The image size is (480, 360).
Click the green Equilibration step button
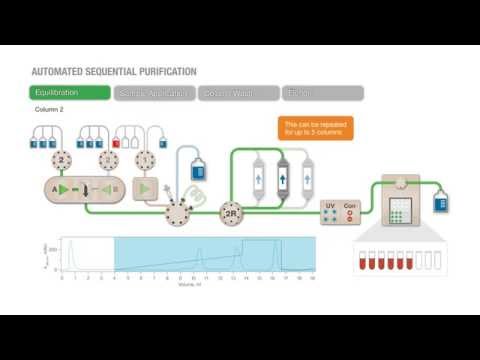point(69,93)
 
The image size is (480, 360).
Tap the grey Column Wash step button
point(238,93)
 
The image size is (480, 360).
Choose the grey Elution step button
point(322,93)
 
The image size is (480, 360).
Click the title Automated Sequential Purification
point(113,72)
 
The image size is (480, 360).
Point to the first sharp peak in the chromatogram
point(70,249)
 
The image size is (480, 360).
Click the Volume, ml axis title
point(187,287)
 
